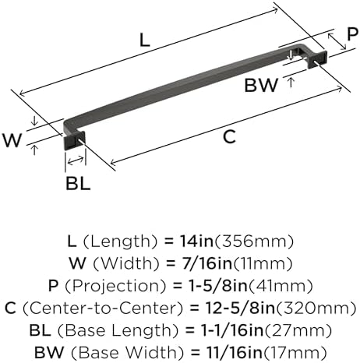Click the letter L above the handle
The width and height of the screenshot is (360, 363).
145,41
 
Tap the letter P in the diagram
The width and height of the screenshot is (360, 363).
353,34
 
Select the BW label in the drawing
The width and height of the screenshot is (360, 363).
261,85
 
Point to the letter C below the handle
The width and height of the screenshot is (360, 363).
229,137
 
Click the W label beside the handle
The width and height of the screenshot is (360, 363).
12,140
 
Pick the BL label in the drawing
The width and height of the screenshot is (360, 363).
78,183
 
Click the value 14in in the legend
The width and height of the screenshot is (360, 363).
196,241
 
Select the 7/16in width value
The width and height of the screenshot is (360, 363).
206,263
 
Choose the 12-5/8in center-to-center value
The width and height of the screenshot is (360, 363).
240,308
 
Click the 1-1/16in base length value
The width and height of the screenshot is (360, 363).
232,330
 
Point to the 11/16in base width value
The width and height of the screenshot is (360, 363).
235,352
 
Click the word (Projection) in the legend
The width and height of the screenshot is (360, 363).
115,286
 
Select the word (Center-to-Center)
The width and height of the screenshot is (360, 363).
103,308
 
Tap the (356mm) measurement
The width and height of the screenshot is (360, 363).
253,241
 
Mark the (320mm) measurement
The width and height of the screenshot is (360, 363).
316,308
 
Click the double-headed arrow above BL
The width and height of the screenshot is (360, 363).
76,160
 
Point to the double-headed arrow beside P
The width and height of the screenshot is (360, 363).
337,41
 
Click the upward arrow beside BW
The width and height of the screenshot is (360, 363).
291,83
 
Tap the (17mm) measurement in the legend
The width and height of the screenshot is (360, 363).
295,352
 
